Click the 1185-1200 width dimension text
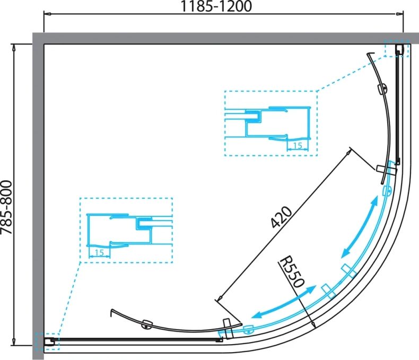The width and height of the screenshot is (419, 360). tap(216, 6)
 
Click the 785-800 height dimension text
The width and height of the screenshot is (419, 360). tap(6, 207)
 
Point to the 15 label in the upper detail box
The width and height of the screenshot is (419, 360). tap(298, 146)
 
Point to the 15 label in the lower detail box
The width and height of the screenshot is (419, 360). tap(99, 252)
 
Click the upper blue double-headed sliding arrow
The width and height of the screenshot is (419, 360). tap(360, 227)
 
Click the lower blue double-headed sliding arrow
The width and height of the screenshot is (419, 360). tap(284, 302)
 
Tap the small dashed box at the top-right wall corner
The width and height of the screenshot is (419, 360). tap(397, 48)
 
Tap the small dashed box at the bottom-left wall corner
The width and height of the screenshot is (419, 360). tap(47, 341)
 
